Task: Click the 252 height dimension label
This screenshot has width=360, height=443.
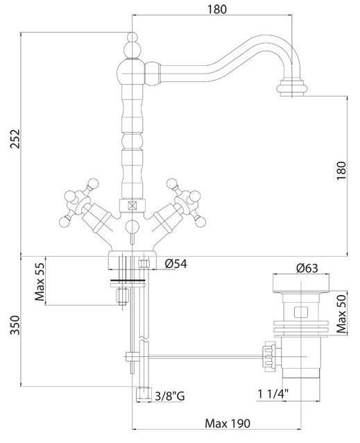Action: click(x=15, y=139)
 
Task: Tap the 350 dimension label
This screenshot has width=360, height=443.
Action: click(x=15, y=325)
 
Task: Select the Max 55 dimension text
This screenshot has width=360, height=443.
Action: click(x=40, y=282)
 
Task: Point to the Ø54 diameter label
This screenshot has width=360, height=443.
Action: click(x=176, y=264)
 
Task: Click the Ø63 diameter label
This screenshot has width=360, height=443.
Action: click(x=307, y=268)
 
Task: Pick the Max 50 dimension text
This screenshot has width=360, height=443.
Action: click(x=341, y=314)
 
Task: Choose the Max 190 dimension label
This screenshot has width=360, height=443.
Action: click(x=228, y=424)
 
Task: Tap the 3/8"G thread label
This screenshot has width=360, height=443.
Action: click(x=170, y=396)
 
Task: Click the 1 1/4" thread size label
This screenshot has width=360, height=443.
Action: click(x=273, y=394)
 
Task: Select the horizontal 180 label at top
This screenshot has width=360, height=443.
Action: click(x=217, y=9)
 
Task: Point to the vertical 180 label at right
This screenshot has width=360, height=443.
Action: click(x=341, y=170)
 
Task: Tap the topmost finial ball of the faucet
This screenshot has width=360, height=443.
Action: click(x=132, y=37)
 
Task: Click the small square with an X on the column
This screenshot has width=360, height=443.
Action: click(x=132, y=205)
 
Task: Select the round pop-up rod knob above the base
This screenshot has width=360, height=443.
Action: click(x=132, y=227)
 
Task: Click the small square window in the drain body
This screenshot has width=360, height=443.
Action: click(x=301, y=312)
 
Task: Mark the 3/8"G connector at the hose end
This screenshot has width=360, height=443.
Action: click(x=144, y=395)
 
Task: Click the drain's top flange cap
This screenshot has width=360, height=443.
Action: click(x=301, y=283)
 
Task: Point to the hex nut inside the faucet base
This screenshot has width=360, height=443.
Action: click(x=144, y=264)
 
